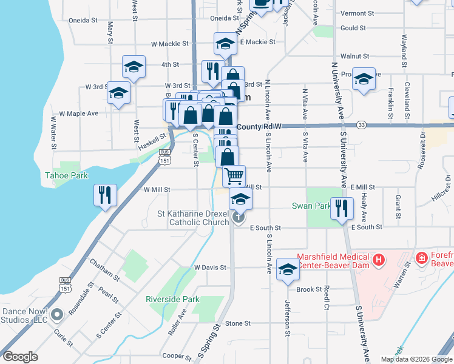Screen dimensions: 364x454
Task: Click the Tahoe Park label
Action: (67, 176)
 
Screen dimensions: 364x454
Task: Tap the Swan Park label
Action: (310, 205)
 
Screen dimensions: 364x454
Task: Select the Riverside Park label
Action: (173, 299)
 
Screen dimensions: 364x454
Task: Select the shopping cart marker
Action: (234, 175)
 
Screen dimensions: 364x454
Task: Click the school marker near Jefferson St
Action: (288, 269)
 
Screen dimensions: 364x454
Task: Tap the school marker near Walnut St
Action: (364, 79)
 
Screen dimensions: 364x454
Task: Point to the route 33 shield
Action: (361, 124)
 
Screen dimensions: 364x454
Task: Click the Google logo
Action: (20, 357)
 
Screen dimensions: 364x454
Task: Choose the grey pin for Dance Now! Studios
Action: (57, 314)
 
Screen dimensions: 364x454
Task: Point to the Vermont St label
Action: (357, 13)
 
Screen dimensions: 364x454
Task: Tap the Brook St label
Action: (310, 289)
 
